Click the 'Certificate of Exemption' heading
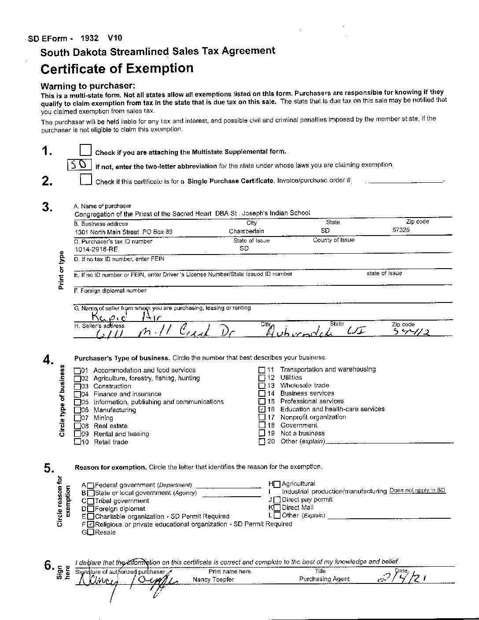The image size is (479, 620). pos(117,69)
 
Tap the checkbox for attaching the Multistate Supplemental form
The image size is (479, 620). pos(86,151)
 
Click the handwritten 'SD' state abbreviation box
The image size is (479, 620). pos(80,165)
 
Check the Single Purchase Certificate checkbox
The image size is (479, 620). pos(86,180)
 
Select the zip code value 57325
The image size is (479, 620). pos(402,230)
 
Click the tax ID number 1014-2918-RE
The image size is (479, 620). pos(96,249)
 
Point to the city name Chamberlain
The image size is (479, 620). pos(247,231)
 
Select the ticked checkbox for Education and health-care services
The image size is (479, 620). pos(262,409)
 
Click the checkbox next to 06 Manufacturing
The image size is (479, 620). pos(77,410)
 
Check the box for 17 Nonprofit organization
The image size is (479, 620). pos(262,417)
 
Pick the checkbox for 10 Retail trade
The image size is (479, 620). pos(77,442)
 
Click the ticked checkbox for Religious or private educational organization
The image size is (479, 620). pos(91,524)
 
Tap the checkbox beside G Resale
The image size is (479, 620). pos(90,532)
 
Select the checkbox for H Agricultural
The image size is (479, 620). pos(277,484)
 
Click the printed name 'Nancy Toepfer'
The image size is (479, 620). pos(214,579)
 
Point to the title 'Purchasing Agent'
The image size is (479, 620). pos(324,579)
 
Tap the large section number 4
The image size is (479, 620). pos(48,359)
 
